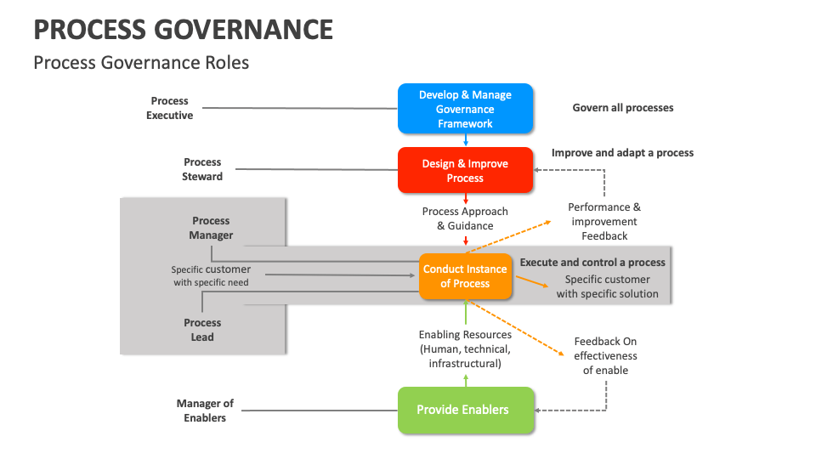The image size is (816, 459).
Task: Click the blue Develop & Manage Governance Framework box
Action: pos(465,109)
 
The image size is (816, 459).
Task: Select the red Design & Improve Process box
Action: pos(465,171)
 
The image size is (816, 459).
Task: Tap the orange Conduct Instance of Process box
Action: pos(465,276)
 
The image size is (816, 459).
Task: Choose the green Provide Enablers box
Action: pos(465,410)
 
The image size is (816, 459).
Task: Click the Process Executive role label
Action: pos(170,108)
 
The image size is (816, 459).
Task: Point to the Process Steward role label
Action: pos(202,169)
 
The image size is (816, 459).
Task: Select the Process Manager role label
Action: pos(211,228)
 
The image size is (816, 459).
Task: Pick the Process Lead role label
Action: pos(202,330)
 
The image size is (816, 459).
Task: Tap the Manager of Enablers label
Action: pos(205,411)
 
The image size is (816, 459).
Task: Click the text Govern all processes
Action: pos(623,108)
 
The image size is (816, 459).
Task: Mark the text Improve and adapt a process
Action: pos(622,153)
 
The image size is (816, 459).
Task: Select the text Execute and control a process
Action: pos(592,263)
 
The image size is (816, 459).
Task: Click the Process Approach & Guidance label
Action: pos(465,218)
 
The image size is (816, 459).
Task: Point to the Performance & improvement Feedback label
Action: pos(604,221)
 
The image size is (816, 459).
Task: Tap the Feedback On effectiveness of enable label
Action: pos(605,355)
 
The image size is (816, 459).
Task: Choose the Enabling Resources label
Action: pos(465,349)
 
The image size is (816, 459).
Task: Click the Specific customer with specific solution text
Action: pos(607,286)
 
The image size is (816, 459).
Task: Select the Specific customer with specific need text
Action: pos(211,275)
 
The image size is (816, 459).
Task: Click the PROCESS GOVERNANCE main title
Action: pos(183,30)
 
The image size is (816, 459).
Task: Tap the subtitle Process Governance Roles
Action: pos(141,63)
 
